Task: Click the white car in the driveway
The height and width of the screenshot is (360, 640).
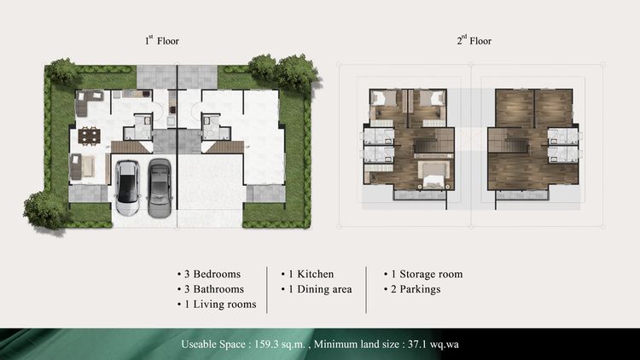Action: tap(127, 187)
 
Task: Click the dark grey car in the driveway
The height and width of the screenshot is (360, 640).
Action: tap(160, 188)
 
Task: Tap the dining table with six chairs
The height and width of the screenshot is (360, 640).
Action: tap(89, 136)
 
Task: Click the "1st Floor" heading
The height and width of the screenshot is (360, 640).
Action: tap(162, 40)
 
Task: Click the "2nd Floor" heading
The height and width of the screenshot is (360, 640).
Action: tap(474, 40)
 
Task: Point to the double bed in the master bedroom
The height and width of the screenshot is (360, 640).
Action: tap(433, 176)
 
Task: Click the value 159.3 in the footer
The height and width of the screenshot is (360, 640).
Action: tap(266, 344)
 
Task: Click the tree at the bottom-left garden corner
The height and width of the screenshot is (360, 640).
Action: tap(44, 210)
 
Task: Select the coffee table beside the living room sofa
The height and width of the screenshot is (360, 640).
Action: tap(89, 166)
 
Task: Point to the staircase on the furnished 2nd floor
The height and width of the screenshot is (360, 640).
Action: tap(433, 146)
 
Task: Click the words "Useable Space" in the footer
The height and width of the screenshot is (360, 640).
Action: tap(213, 344)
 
